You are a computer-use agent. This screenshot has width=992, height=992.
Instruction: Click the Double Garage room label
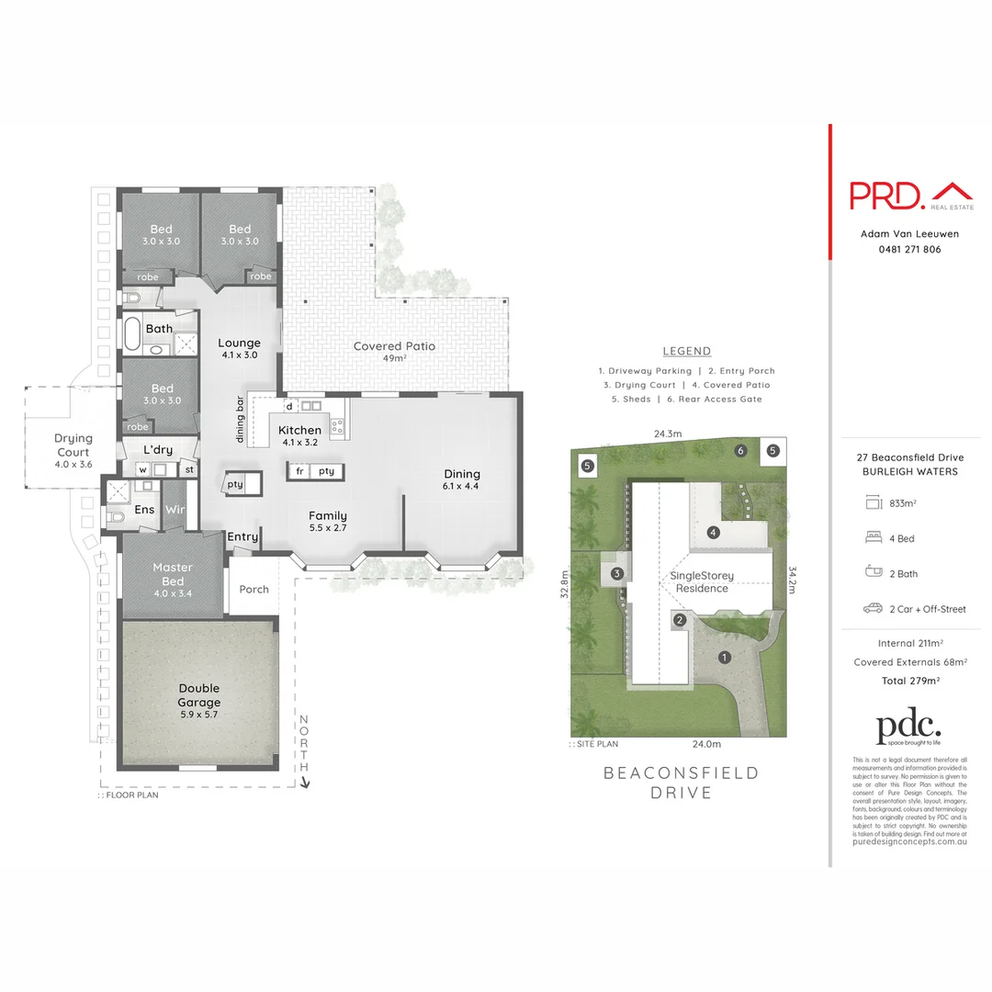click(198, 695)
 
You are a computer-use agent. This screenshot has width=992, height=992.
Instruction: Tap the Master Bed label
click(173, 574)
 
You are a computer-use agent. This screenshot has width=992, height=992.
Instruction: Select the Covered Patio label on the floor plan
click(394, 346)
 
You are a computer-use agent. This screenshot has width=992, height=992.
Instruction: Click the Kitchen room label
click(299, 430)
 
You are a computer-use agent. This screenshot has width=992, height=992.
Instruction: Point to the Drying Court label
click(73, 445)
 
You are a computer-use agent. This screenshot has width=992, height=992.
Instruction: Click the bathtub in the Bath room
click(133, 335)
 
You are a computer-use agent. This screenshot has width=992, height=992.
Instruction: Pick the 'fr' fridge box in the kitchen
click(299, 471)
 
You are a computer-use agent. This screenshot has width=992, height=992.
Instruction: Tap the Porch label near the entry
click(254, 589)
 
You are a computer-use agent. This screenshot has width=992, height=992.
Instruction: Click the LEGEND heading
click(686, 351)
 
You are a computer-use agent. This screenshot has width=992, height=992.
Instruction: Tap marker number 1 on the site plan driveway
click(724, 657)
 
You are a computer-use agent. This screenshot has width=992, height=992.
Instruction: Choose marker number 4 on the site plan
click(712, 532)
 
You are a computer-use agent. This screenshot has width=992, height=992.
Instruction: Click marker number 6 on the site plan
click(740, 450)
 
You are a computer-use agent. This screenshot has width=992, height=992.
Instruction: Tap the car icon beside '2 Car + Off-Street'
click(873, 608)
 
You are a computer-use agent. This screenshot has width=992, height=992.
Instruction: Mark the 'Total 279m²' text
click(909, 681)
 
